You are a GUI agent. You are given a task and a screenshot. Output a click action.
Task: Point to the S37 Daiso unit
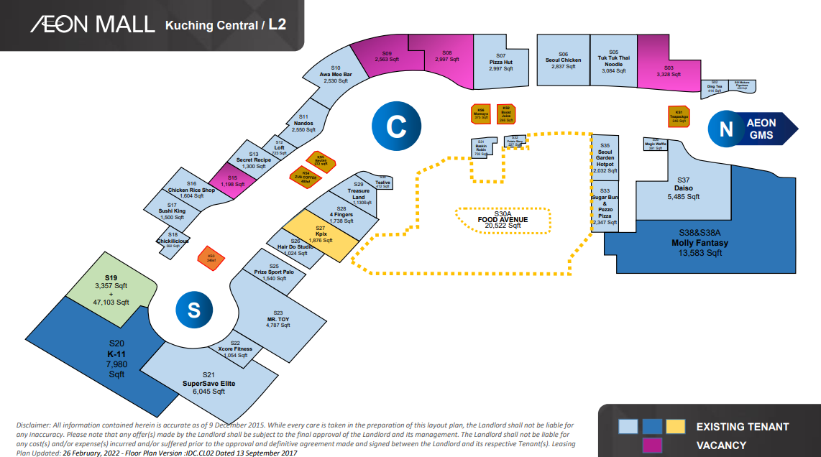pos(683,193)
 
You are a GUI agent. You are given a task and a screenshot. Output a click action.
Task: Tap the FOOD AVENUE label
pos(503,219)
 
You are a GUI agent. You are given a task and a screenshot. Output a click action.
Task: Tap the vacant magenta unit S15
pos(232,181)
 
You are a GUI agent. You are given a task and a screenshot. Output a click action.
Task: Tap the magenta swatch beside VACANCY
pos(652,446)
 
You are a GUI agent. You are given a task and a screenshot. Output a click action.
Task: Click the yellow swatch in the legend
pos(675,427)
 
